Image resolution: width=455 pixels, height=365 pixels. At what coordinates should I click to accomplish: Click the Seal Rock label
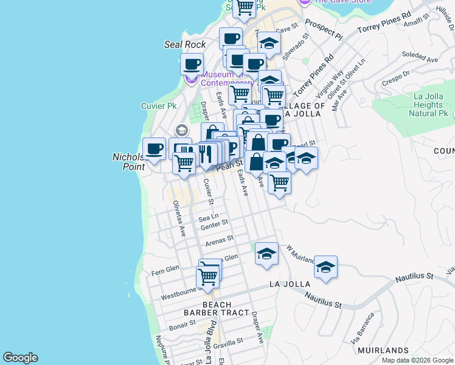pyautogui.click(x=185, y=44)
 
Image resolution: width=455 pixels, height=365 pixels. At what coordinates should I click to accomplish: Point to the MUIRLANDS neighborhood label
pyautogui.click(x=383, y=350)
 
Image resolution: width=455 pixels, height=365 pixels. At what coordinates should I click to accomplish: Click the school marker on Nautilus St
pyautogui.click(x=325, y=267)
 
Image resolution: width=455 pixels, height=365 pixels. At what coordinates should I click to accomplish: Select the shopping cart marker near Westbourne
pyautogui.click(x=207, y=277)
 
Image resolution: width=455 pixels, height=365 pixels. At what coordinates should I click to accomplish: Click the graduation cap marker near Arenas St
pyautogui.click(x=266, y=254)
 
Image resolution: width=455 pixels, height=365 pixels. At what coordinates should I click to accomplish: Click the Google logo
pyautogui.click(x=20, y=358)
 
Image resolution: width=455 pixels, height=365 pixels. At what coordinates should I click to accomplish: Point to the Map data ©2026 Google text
pyautogui.click(x=417, y=360)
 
